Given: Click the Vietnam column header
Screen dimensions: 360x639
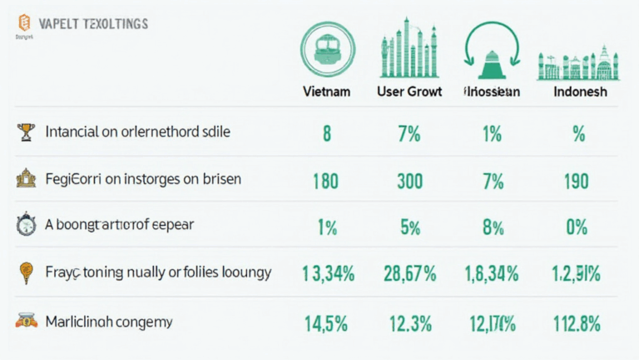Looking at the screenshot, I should tap(327, 92).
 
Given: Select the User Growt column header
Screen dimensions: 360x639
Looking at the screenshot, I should tap(409, 92).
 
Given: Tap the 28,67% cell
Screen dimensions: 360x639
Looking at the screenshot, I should tap(409, 272).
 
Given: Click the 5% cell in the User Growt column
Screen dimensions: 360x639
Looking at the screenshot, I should tap(409, 226).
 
